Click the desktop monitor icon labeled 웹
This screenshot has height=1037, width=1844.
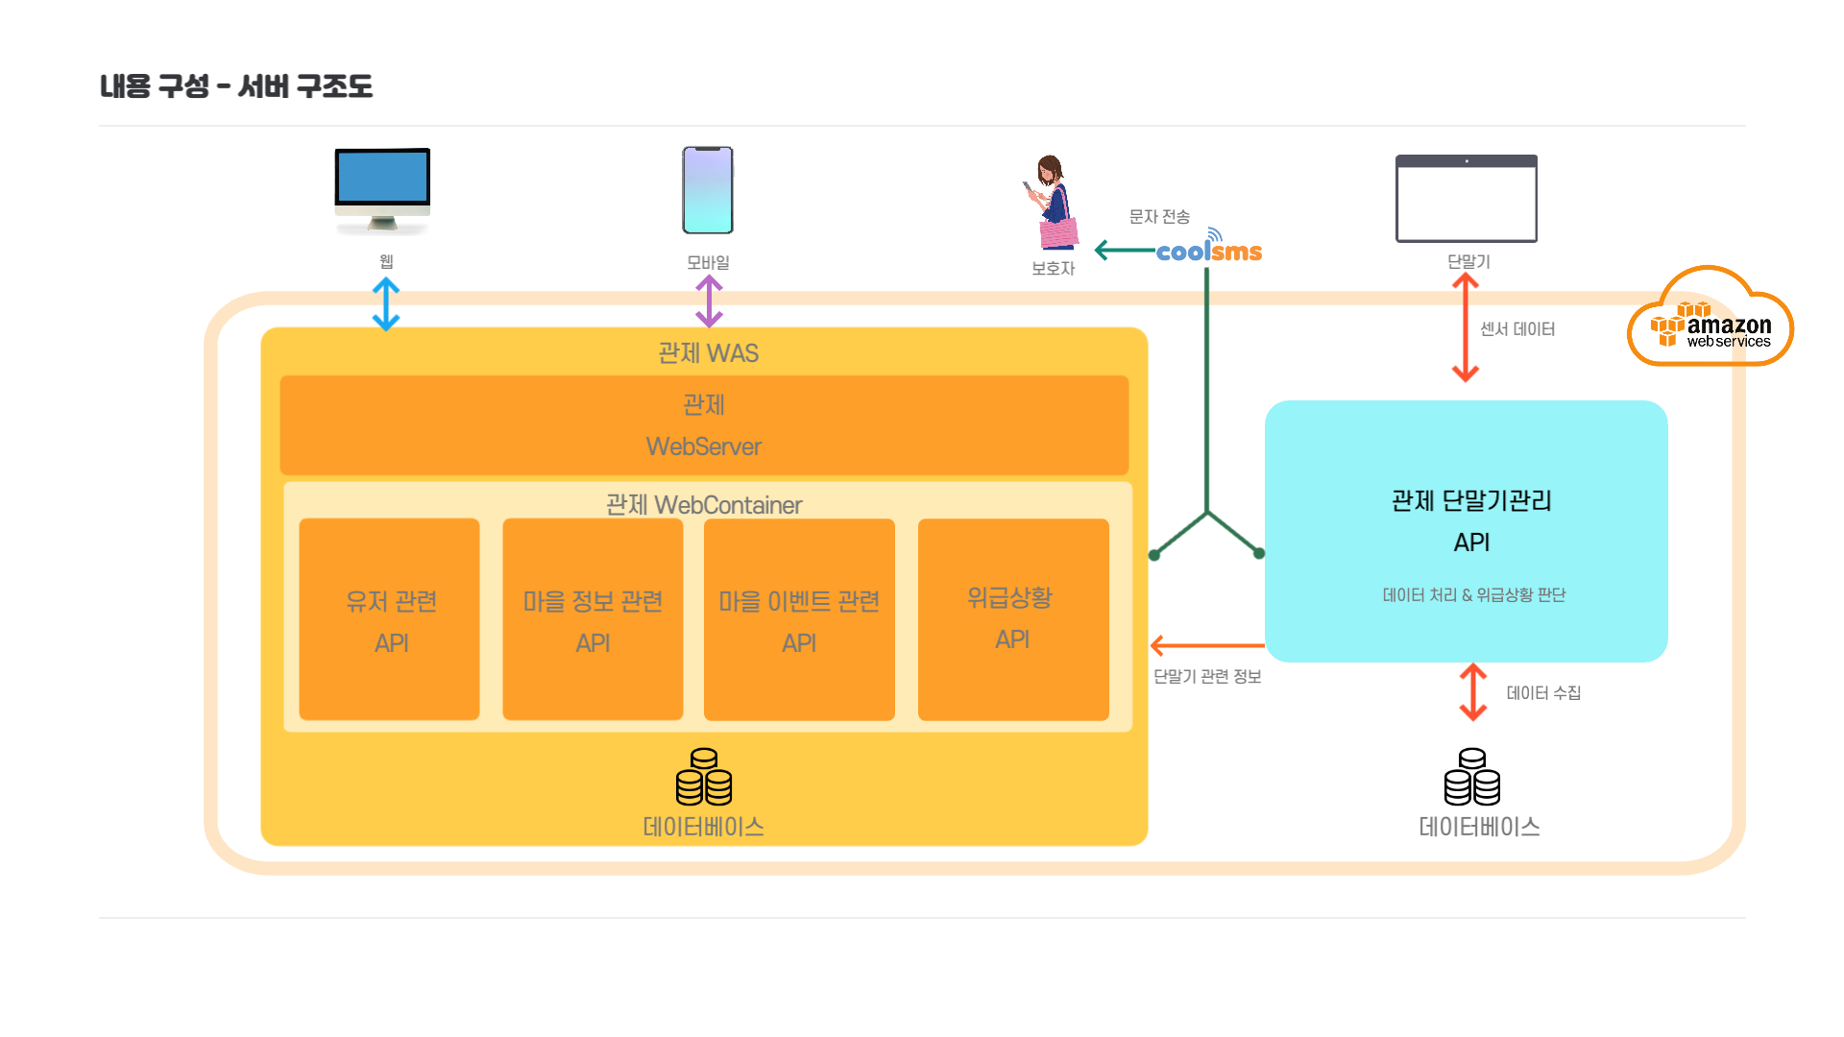(382, 189)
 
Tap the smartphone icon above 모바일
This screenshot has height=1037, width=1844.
(708, 190)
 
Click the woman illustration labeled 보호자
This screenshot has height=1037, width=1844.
(1054, 203)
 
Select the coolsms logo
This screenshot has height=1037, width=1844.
(1209, 251)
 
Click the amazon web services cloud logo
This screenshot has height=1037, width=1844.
(1711, 321)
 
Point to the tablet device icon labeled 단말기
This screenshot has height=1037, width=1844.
(1466, 199)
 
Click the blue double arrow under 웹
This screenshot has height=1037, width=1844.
(386, 303)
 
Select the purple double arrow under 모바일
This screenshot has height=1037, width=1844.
(709, 301)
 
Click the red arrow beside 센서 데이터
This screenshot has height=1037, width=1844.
(1465, 328)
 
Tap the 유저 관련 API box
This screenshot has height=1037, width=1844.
(390, 619)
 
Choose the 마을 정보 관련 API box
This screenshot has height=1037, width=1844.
(593, 619)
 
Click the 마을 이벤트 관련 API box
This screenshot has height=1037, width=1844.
(799, 619)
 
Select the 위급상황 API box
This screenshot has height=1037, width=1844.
(1013, 619)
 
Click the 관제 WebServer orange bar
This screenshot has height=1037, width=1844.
(704, 424)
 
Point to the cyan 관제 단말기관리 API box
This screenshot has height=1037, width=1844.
(1466, 531)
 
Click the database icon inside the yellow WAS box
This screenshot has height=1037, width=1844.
(704, 777)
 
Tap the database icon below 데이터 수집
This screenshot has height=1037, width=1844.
(1472, 777)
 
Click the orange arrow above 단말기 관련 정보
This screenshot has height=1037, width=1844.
(1207, 645)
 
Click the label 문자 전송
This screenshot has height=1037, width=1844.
(1159, 217)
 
